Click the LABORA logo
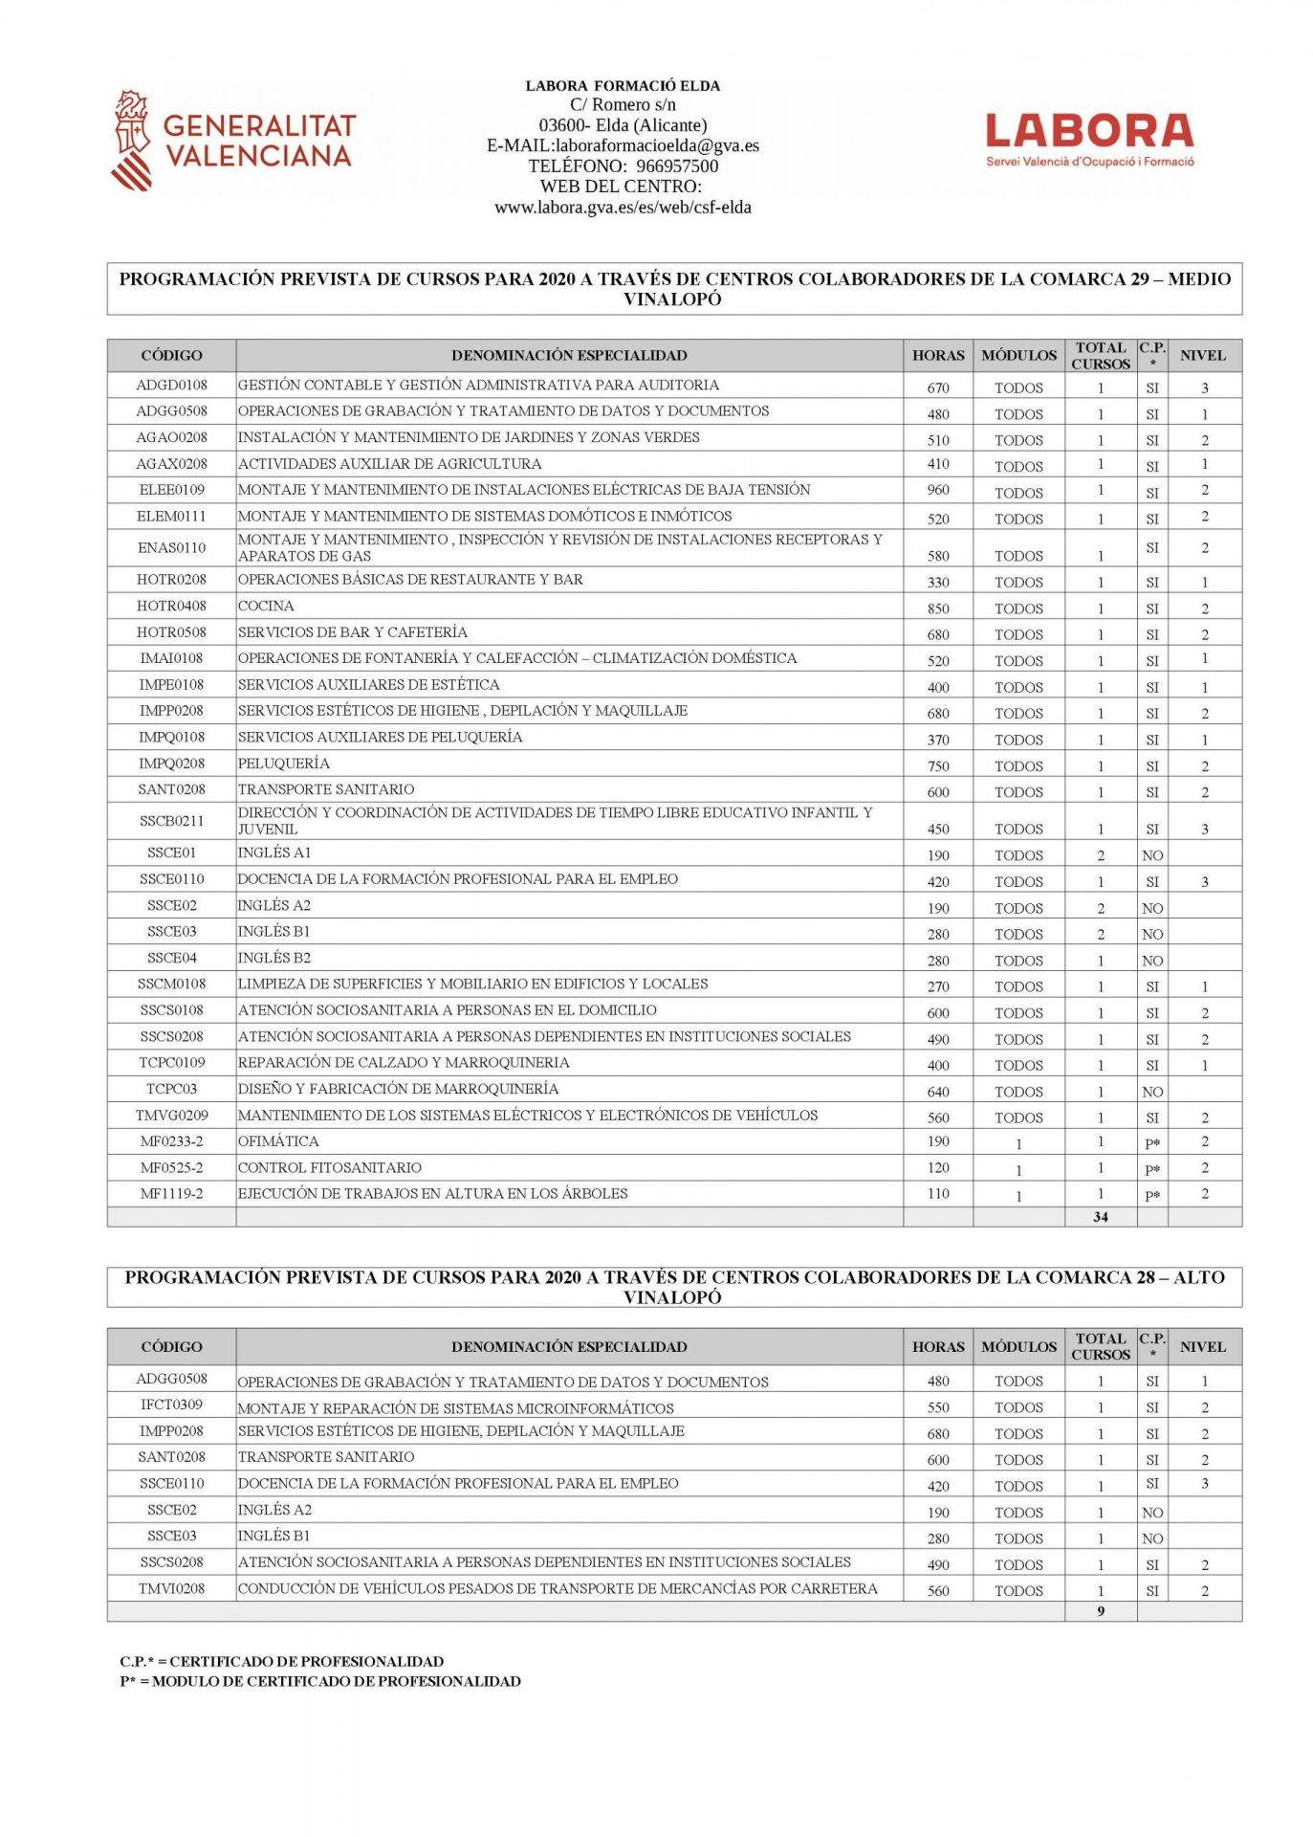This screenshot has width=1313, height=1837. click(x=1089, y=139)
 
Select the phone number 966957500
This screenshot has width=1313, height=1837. click(x=677, y=166)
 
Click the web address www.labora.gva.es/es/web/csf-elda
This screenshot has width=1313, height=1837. click(x=623, y=207)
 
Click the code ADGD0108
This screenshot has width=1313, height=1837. click(x=171, y=386)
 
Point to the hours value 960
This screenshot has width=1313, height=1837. click(x=937, y=490)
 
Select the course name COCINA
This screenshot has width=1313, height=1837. click(x=266, y=606)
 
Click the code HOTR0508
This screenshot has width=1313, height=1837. click(x=171, y=632)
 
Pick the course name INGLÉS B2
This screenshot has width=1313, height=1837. click(x=274, y=958)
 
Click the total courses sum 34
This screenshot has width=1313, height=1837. click(x=1100, y=1217)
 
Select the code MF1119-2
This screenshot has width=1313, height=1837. click(x=171, y=1194)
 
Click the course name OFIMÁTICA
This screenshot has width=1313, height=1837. click(x=278, y=1141)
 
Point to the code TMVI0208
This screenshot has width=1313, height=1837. click(x=171, y=1588)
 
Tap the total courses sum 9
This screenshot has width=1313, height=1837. click(x=1100, y=1611)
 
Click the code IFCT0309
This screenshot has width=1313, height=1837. click(x=171, y=1405)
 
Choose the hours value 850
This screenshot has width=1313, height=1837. click(x=937, y=609)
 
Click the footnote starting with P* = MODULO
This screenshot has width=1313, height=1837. click(x=320, y=1681)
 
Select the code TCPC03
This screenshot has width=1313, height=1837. click(x=171, y=1089)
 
